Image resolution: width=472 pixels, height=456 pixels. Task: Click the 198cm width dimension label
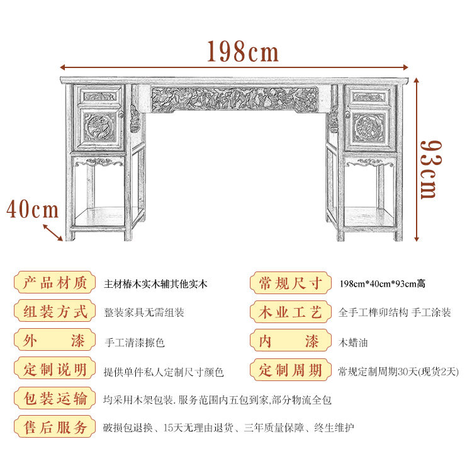point(242,52)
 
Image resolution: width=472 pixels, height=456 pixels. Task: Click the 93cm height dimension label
point(428,169)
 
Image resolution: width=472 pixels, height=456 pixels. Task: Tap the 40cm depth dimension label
point(32,208)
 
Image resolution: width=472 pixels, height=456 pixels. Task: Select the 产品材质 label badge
point(55,283)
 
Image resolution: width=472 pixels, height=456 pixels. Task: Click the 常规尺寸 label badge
point(290,283)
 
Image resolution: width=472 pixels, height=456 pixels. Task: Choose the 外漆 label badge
point(55,342)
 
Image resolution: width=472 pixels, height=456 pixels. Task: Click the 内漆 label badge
point(290,342)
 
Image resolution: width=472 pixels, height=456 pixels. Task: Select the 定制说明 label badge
point(55,370)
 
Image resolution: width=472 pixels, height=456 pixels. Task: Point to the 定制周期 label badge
point(290,370)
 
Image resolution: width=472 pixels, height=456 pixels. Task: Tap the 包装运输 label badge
point(55,399)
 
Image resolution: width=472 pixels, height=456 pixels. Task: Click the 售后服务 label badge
point(55,428)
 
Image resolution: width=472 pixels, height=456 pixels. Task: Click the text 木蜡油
point(352,343)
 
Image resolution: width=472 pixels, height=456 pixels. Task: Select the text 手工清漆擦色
point(135,343)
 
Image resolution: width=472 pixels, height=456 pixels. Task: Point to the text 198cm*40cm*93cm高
point(381,283)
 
